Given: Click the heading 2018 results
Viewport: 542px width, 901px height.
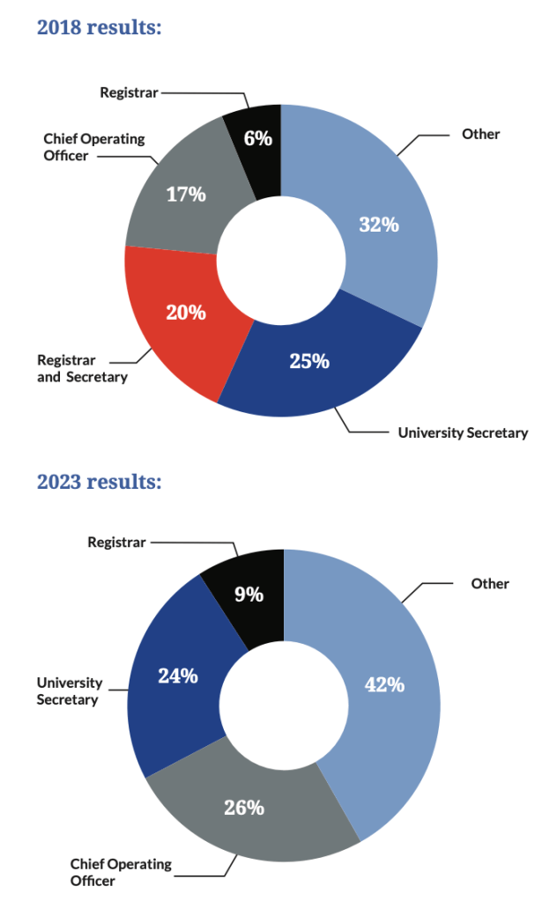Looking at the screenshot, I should pyautogui.click(x=99, y=27).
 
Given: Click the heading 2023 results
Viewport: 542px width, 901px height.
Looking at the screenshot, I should pyautogui.click(x=99, y=482).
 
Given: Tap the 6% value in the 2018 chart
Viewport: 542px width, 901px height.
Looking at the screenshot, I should pyautogui.click(x=257, y=137).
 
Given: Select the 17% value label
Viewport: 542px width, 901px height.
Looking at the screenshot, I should pyautogui.click(x=186, y=194).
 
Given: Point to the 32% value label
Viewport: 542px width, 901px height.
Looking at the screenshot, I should pyautogui.click(x=379, y=225).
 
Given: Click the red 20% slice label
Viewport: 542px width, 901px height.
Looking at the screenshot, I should pyautogui.click(x=186, y=312).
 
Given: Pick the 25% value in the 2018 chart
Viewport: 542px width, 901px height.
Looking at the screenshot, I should pyautogui.click(x=309, y=360).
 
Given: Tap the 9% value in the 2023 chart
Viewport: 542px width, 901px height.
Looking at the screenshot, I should pyautogui.click(x=249, y=595).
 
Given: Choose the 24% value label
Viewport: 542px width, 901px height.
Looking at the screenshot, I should pyautogui.click(x=177, y=676).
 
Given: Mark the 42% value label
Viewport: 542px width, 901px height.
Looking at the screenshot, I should pyautogui.click(x=385, y=683).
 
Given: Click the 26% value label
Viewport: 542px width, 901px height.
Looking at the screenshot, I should pyautogui.click(x=243, y=807).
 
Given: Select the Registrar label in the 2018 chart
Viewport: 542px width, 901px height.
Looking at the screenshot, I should pyautogui.click(x=129, y=91).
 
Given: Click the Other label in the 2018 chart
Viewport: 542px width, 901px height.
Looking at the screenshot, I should pyautogui.click(x=480, y=134).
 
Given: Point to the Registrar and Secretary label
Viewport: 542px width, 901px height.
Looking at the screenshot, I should pyautogui.click(x=82, y=369).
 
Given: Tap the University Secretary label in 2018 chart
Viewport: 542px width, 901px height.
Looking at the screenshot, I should pyautogui.click(x=463, y=432).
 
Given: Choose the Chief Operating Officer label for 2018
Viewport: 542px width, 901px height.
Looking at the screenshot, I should pyautogui.click(x=94, y=147).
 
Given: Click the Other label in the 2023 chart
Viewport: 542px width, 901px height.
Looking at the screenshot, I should pyautogui.click(x=490, y=583).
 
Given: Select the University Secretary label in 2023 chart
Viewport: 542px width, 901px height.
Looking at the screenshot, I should pyautogui.click(x=70, y=691).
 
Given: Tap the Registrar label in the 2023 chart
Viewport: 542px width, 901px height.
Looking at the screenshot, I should pyautogui.click(x=116, y=543).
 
